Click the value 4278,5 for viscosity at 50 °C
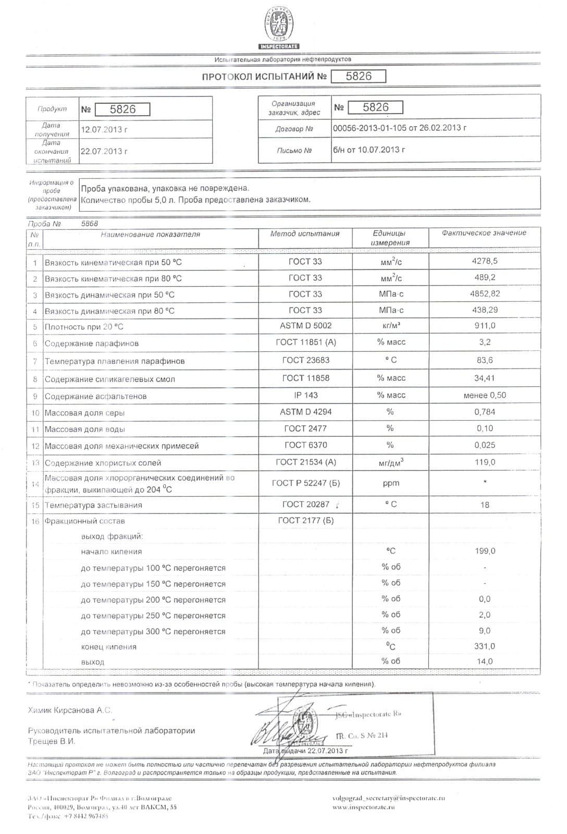(x=485, y=261)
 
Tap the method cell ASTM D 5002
(x=305, y=326)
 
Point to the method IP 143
(x=305, y=395)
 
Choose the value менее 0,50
(x=485, y=395)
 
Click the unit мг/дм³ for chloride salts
(x=391, y=462)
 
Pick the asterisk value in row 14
(x=485, y=483)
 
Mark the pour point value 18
(x=485, y=505)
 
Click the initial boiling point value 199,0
(x=485, y=551)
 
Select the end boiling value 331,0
(x=485, y=646)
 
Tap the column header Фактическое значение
(x=484, y=233)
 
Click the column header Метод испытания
(x=305, y=234)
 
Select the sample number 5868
(x=90, y=224)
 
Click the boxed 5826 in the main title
(x=359, y=77)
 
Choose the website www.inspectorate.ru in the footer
(x=363, y=807)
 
